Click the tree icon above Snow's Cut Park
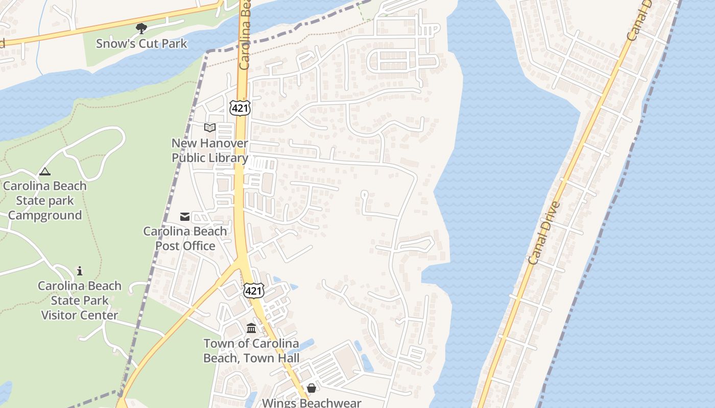pyautogui.click(x=141, y=29)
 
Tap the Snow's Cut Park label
pyautogui.click(x=142, y=44)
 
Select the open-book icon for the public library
pyautogui.click(x=210, y=127)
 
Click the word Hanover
pyautogui.click(x=225, y=144)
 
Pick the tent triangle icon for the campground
pyautogui.click(x=45, y=172)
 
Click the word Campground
pyautogui.click(x=45, y=215)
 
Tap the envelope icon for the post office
pyautogui.click(x=185, y=217)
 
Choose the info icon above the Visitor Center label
pyautogui.click(x=80, y=271)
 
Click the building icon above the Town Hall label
pyautogui.click(x=251, y=328)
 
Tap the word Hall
pyautogui.click(x=287, y=358)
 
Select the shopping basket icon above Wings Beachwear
pyautogui.click(x=312, y=389)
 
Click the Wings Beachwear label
pyautogui.click(x=312, y=403)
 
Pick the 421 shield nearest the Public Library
pyautogui.click(x=240, y=108)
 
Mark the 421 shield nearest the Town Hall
pyautogui.click(x=254, y=291)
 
